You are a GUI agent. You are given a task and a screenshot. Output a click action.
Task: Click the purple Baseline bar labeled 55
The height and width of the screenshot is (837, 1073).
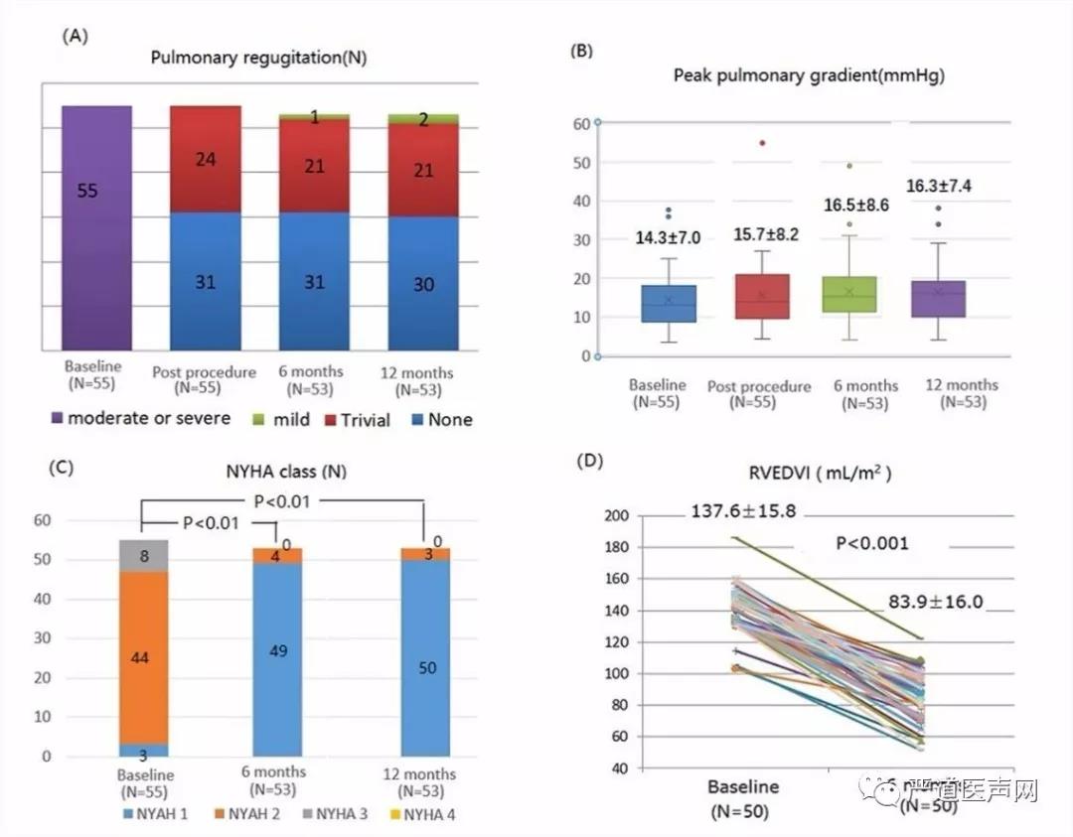point(96,228)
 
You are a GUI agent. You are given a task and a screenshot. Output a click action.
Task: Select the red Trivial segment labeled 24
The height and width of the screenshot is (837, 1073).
point(206,159)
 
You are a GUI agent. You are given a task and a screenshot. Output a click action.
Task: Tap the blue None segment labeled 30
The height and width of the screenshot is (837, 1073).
point(423,284)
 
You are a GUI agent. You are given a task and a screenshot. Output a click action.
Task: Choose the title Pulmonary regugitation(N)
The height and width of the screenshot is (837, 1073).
point(258,58)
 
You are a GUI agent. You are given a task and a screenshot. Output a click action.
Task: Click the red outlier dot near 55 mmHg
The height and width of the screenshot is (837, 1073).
point(762,143)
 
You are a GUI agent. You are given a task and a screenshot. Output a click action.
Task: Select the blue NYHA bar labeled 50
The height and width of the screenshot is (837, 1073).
point(425,668)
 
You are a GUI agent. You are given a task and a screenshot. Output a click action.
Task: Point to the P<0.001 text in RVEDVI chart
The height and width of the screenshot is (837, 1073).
point(870,544)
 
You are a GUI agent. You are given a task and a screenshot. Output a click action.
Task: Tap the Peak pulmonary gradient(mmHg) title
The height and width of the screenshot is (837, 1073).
point(809,75)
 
